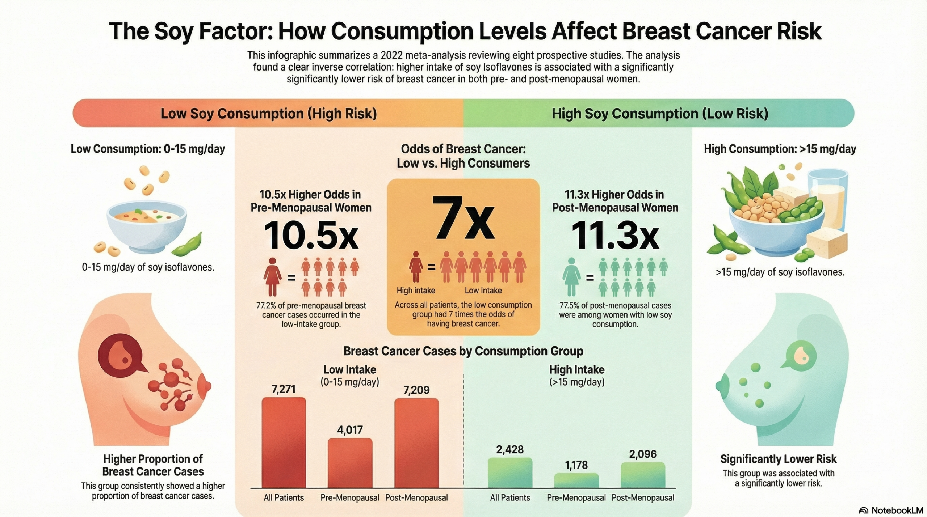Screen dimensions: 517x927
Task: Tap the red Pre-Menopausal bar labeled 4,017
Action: pyautogui.click(x=350, y=463)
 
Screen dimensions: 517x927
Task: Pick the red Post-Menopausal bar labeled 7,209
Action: pyautogui.click(x=416, y=443)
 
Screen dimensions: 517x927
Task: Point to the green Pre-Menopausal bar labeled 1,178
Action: pyautogui.click(x=576, y=480)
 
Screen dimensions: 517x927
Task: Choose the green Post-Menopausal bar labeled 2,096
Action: pyautogui.click(x=643, y=475)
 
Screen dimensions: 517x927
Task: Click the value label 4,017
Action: pyautogui.click(x=350, y=430)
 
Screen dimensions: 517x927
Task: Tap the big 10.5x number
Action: pyautogui.click(x=311, y=236)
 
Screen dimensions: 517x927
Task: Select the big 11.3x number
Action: pyautogui.click(x=615, y=236)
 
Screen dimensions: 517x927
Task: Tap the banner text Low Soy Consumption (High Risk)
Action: pyautogui.click(x=268, y=113)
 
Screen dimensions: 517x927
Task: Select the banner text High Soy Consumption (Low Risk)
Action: pyautogui.click(x=660, y=113)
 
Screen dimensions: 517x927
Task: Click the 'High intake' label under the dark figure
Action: pyautogui.click(x=416, y=290)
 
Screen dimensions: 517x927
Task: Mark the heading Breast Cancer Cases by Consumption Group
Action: pyautogui.click(x=463, y=351)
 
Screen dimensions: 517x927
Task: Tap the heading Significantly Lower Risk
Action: pyautogui.click(x=778, y=459)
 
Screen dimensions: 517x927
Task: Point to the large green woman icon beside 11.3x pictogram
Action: pyautogui.click(x=571, y=276)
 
